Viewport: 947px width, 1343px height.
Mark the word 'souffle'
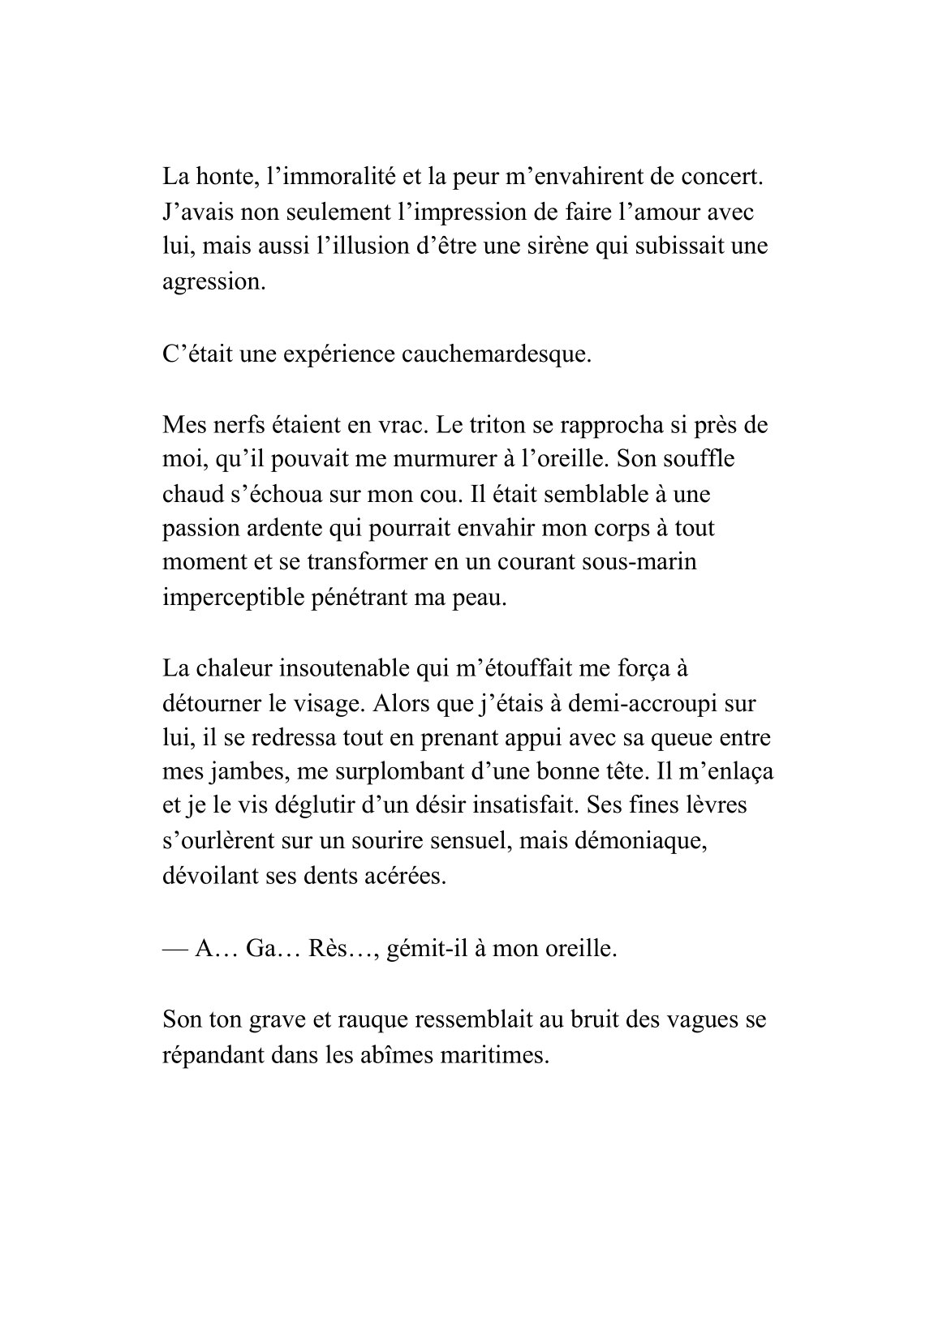pyautogui.click(x=694, y=459)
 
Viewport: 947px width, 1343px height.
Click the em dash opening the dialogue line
pyautogui.click(x=174, y=948)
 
